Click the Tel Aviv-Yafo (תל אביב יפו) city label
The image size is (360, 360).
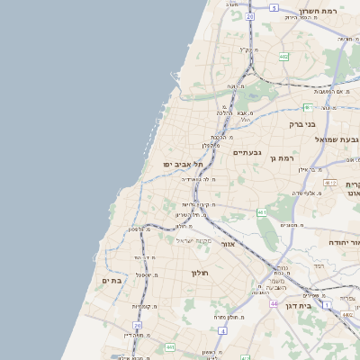[x=184, y=165]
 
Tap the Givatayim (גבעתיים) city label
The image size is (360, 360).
[x=247, y=152]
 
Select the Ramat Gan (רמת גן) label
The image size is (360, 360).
[x=283, y=158]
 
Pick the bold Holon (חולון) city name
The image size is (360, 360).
[x=200, y=272]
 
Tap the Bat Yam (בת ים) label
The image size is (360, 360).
[x=112, y=281]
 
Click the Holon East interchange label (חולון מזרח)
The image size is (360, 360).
[x=225, y=317]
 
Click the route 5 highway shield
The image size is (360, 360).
[x=274, y=6]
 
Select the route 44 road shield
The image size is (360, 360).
[x=273, y=303]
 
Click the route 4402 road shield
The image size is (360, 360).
[x=347, y=314]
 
